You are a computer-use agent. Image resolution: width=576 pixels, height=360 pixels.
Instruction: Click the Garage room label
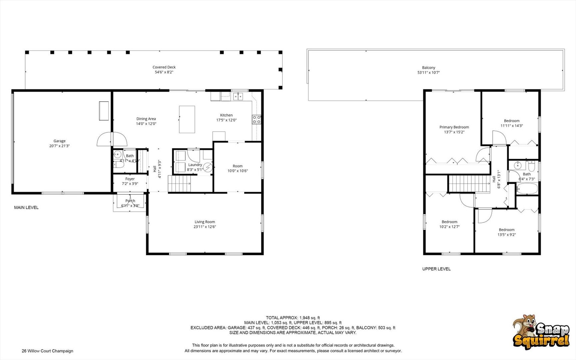click(60, 141)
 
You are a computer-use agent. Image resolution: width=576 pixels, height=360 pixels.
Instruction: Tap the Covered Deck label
click(164, 67)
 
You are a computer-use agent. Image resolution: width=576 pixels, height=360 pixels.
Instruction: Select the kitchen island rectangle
click(187, 119)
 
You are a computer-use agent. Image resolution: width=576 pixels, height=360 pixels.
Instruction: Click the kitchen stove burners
click(257, 120)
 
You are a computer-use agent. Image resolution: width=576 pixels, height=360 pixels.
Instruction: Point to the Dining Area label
click(146, 119)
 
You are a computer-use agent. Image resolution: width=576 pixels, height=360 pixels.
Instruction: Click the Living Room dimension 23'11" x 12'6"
click(205, 227)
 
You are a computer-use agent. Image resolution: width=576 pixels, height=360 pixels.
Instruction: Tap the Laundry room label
click(195, 165)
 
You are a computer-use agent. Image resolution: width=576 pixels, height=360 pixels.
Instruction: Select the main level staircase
click(180, 184)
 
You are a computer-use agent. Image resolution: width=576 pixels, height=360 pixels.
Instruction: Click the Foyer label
click(130, 179)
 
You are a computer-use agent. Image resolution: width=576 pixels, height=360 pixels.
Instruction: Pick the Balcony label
click(429, 68)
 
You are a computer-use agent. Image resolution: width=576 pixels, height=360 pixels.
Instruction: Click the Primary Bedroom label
click(454, 127)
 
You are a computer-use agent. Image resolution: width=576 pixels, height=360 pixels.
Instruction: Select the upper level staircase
click(469, 184)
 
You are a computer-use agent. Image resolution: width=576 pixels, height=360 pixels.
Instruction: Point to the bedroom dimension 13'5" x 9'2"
click(507, 235)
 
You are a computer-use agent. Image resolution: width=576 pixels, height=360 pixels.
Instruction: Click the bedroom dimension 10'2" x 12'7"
click(449, 227)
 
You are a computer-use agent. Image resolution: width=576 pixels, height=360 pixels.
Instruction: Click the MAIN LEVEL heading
click(26, 207)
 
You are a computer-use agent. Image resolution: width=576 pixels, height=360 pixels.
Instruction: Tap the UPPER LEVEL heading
click(436, 269)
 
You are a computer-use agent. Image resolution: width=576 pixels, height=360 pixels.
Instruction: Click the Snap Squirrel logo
click(541, 332)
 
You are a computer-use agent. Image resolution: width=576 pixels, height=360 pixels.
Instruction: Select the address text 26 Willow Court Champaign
click(47, 351)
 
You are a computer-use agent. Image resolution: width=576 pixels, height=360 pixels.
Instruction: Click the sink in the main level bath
click(117, 154)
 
